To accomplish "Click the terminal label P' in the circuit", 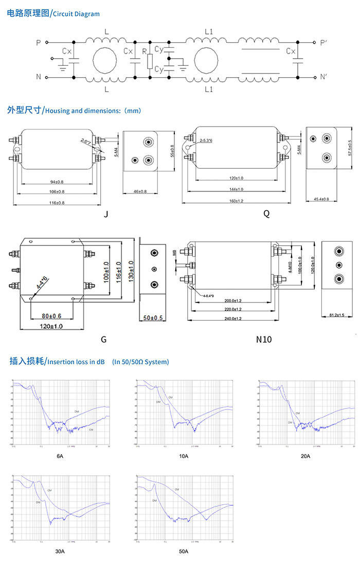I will coord(322,43).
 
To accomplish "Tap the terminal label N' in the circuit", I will coord(322,77).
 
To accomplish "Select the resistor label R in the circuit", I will coord(144,51).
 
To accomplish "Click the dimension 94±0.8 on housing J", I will coord(57,182).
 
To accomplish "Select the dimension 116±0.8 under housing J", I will coord(57,203).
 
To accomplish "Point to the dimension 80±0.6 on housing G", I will coord(51,315).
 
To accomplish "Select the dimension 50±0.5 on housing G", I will coord(153,317).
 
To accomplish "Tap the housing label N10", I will coord(264,339).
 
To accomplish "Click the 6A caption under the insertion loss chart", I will coord(60,456).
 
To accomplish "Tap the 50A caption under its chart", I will coord(184,552).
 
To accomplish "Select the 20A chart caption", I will coord(305,456).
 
